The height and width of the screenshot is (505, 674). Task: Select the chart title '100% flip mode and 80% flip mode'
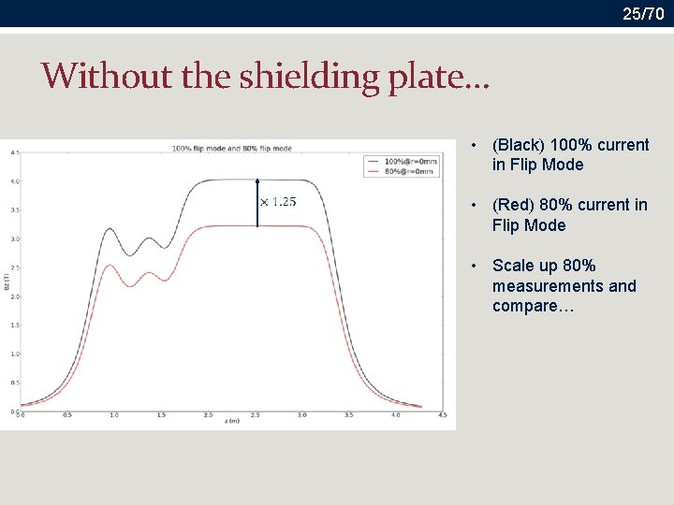231,148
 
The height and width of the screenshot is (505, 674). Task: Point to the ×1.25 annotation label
278,201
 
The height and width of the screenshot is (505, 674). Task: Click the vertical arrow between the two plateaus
256,204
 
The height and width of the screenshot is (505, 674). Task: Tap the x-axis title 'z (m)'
231,422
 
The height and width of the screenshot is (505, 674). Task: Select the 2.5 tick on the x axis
255,414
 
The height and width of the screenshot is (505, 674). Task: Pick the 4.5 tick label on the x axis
442,414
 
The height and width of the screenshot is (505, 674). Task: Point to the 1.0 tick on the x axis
113,414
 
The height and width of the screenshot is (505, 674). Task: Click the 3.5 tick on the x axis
348,414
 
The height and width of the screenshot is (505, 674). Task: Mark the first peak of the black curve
110,228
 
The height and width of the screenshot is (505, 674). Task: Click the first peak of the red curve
110,266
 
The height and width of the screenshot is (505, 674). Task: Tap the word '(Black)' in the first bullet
518,145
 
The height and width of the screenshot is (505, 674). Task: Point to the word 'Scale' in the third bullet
512,266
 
